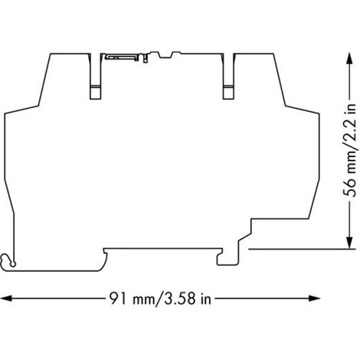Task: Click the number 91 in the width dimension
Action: coord(118,298)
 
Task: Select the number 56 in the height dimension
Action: coord(349,188)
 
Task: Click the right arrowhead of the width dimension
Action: coord(315,298)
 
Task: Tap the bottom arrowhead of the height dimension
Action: coord(349,242)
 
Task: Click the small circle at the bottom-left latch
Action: coord(13,264)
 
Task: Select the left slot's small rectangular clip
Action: coord(96,92)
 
